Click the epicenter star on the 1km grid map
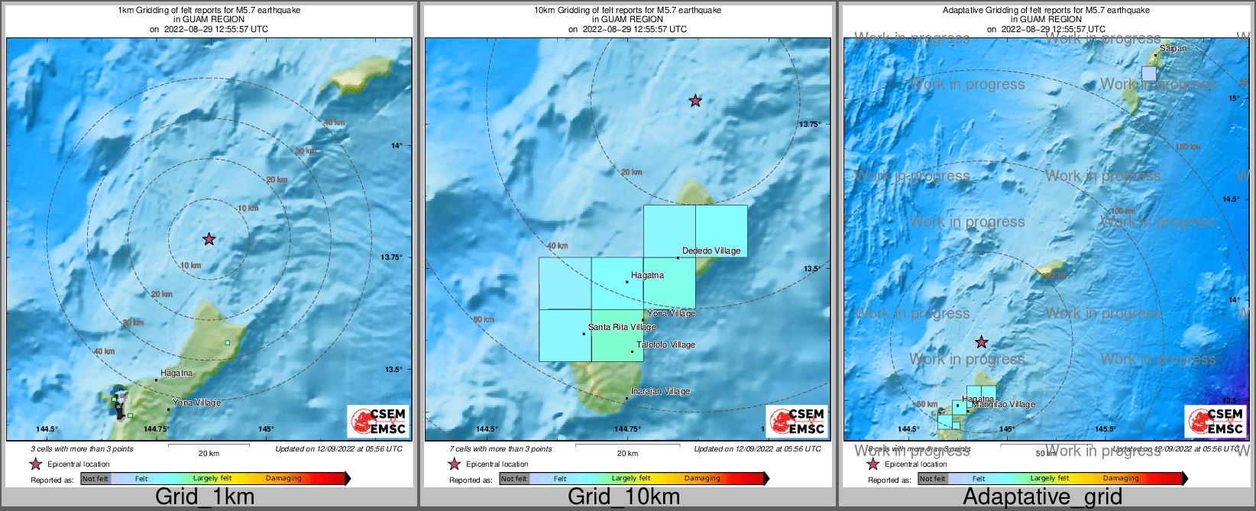pos(209,239)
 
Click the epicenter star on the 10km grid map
pos(695,100)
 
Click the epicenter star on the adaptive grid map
pos(982,342)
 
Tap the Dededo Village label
pos(711,251)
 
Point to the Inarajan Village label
pos(660,391)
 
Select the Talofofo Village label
pos(665,344)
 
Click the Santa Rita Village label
pos(622,327)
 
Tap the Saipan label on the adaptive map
pos(1173,48)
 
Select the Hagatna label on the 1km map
pos(176,373)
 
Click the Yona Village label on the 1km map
pos(196,403)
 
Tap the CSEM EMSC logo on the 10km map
pos(798,422)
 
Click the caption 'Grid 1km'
pos(205,496)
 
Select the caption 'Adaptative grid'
pos(1042,496)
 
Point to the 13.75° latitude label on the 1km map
pos(391,257)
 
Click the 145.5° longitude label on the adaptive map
pos(1105,429)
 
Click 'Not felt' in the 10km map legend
pos(514,479)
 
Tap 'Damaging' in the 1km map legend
pos(283,479)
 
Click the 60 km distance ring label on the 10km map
pos(484,319)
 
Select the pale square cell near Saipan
pos(1149,73)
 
